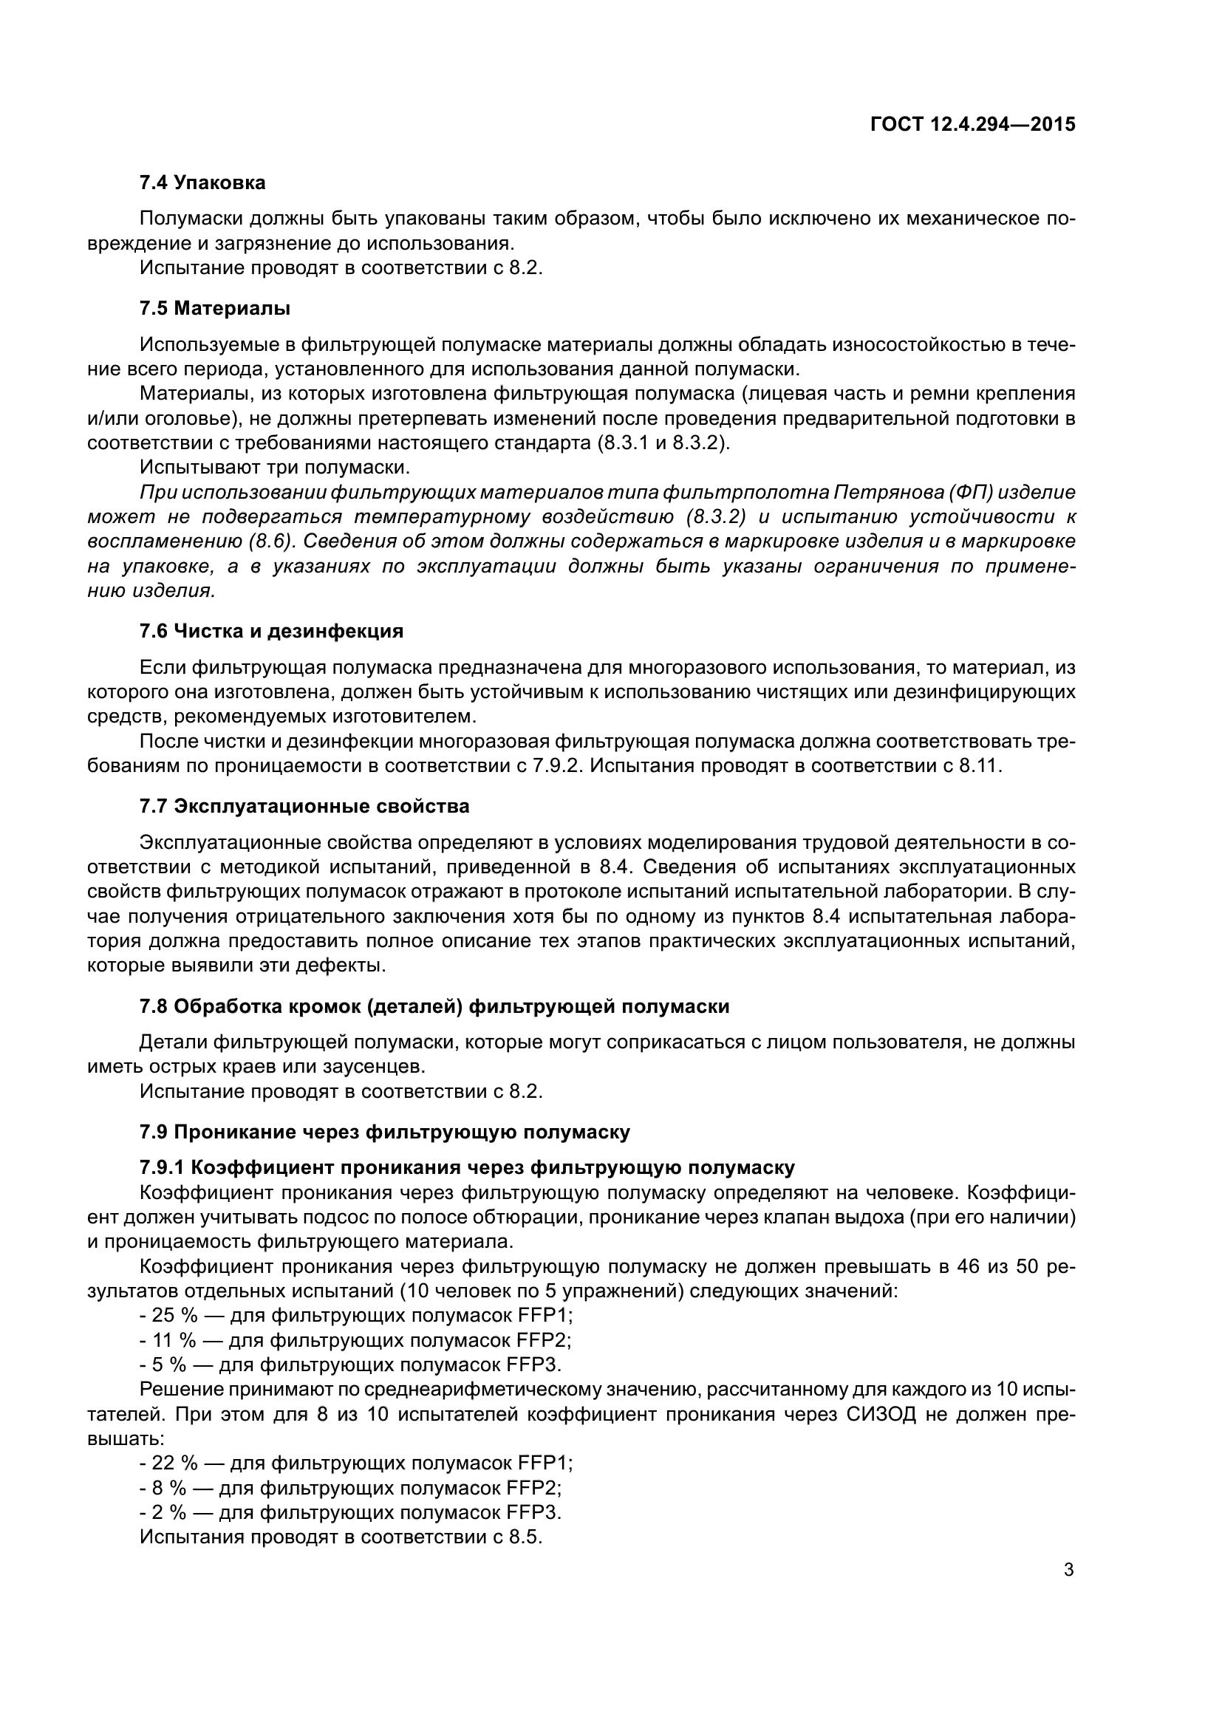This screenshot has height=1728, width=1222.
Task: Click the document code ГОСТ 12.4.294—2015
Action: (x=972, y=124)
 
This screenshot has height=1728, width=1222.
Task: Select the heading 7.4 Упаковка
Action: (x=202, y=182)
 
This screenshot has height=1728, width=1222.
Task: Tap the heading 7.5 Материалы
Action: (x=215, y=308)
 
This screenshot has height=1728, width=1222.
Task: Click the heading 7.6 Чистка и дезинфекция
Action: (x=271, y=631)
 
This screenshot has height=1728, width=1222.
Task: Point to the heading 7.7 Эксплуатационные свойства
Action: (x=304, y=806)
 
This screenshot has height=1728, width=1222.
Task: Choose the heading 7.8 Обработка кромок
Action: (x=434, y=1006)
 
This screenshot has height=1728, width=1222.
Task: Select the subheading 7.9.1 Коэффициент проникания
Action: (x=466, y=1167)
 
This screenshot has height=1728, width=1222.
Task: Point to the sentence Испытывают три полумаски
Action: (x=275, y=468)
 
